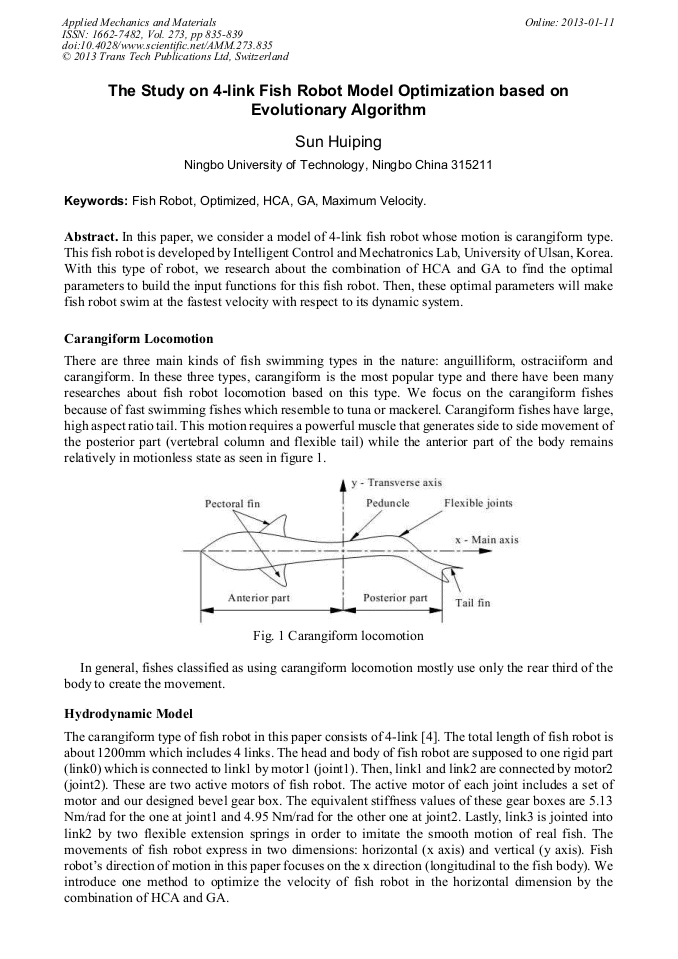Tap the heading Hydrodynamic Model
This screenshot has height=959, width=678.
[129, 715]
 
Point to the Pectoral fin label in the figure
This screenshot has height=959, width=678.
[232, 503]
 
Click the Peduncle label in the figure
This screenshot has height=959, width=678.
[388, 502]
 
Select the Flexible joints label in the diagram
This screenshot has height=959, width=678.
[478, 502]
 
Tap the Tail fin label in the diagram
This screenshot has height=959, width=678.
[473, 603]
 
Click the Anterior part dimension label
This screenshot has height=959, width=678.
[259, 598]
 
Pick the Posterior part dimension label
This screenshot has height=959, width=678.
[395, 598]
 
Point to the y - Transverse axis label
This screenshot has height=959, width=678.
[397, 482]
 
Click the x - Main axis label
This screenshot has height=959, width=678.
[487, 540]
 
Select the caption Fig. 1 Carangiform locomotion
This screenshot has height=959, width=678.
[339, 636]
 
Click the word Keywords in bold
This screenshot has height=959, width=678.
[96, 201]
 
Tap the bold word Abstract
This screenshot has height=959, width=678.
[91, 236]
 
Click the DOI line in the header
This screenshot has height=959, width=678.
[166, 46]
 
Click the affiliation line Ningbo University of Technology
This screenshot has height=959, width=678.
[338, 166]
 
